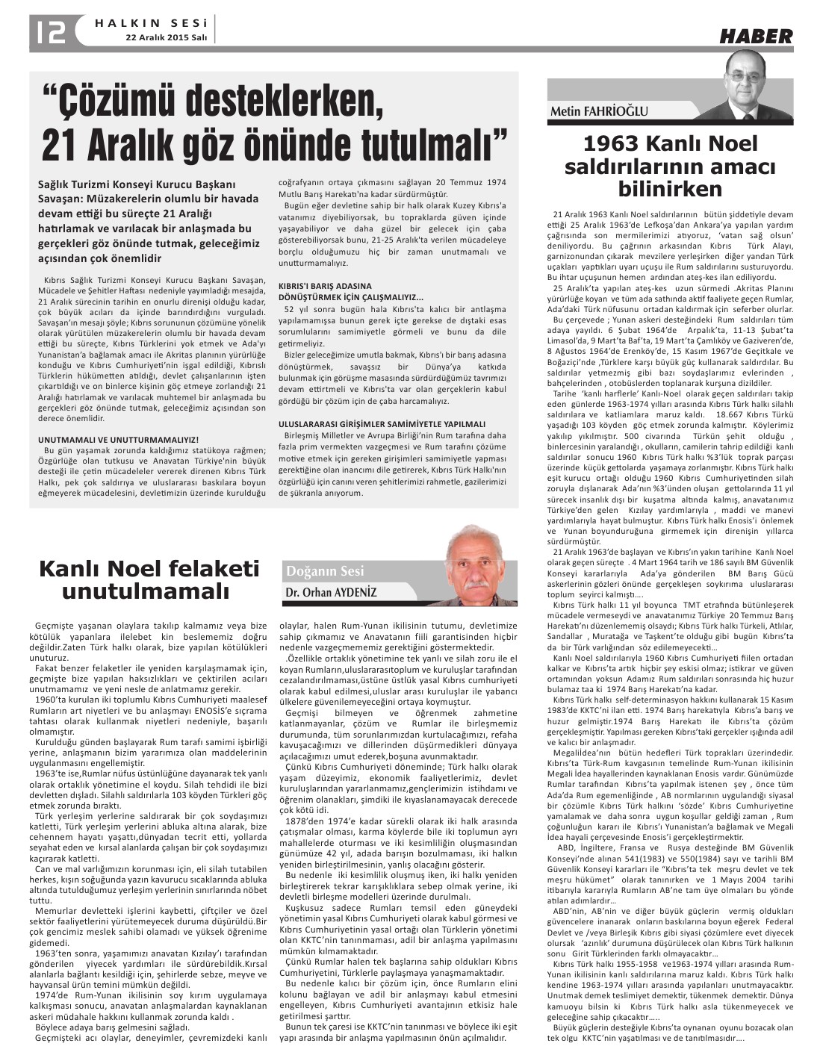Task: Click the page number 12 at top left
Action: click(x=49, y=31)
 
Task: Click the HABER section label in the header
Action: click(x=756, y=36)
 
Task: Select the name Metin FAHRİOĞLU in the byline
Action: click(x=599, y=112)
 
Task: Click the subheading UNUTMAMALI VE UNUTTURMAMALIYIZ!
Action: click(x=118, y=440)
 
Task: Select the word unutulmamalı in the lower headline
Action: click(x=146, y=592)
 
